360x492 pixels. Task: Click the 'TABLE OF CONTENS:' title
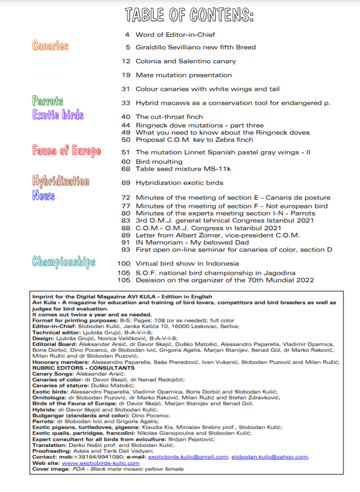[190, 15]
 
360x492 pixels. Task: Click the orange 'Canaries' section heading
[50, 45]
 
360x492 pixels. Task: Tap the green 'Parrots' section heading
[48, 100]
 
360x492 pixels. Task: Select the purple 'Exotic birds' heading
[58, 115]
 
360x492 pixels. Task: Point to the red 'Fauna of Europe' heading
[66, 150]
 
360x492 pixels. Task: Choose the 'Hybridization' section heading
[61, 181]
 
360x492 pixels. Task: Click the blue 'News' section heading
[43, 196]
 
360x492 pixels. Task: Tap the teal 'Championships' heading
[64, 261]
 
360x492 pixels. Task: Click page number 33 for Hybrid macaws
[126, 103]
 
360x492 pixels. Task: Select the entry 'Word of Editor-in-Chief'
[175, 35]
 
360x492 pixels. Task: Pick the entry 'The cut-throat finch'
[169, 117]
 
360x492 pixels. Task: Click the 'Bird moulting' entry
[159, 161]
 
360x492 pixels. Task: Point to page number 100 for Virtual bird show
[124, 264]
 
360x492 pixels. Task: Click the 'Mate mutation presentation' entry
[183, 75]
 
